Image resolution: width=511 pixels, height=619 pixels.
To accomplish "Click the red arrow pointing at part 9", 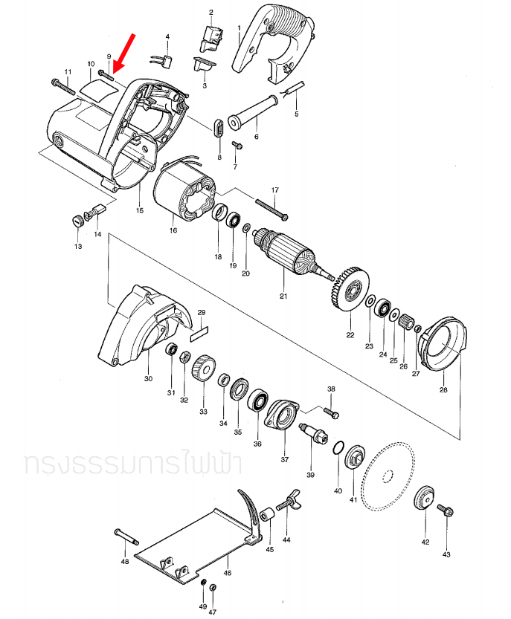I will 123,51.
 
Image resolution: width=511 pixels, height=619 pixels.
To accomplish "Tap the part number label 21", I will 283,296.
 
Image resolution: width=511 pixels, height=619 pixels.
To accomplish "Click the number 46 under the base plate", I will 228,573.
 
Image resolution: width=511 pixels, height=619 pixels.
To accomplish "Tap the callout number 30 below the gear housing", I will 147,378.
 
